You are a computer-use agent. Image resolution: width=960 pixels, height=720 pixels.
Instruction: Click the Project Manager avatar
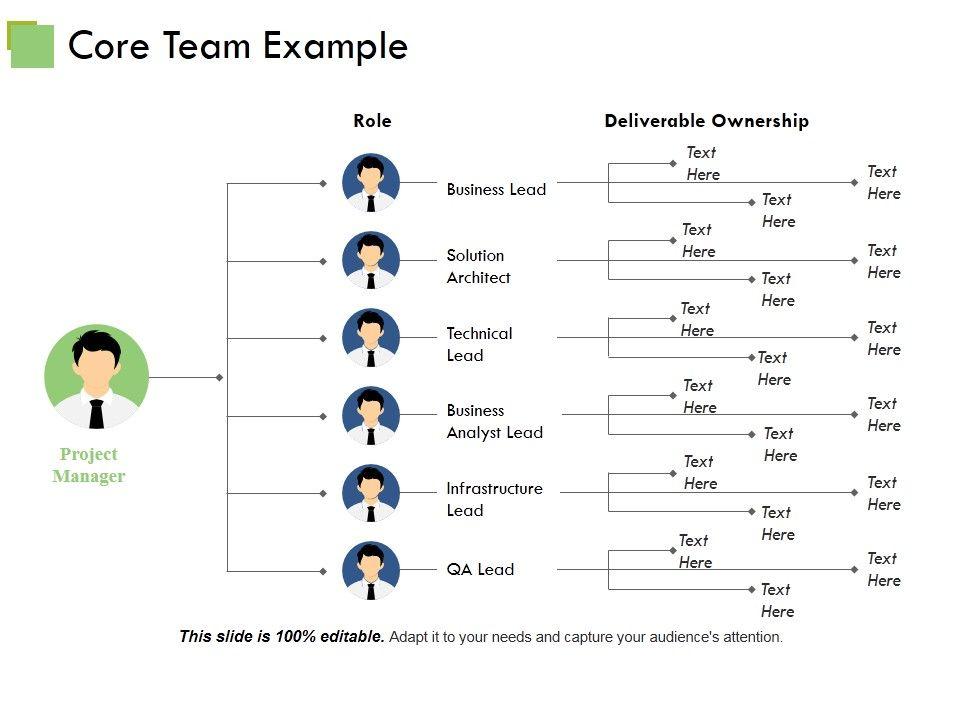(97, 377)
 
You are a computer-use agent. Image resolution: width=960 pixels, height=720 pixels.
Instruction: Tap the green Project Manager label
(88, 465)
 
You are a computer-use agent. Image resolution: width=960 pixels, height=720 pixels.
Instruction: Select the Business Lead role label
(496, 189)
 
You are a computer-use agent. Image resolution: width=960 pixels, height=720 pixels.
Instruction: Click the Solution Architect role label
(478, 266)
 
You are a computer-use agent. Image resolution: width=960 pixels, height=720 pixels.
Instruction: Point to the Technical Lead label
(479, 344)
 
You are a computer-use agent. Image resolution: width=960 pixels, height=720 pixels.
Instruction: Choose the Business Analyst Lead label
(494, 421)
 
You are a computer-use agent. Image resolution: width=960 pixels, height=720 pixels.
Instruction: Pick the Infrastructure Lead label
(494, 499)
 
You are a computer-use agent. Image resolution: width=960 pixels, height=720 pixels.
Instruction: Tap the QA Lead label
(480, 569)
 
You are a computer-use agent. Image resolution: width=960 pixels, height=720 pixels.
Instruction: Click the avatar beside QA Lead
(371, 570)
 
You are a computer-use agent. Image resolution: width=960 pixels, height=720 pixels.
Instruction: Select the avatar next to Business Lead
(371, 183)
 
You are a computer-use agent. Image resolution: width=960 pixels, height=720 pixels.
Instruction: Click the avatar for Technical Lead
(371, 338)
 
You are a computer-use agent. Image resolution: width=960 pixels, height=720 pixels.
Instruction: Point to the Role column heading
(372, 121)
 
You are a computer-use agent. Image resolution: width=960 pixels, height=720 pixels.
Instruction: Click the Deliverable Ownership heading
(706, 121)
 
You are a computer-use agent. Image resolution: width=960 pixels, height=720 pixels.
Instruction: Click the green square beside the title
(31, 45)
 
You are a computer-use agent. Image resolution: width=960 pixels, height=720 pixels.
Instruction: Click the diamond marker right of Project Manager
(219, 377)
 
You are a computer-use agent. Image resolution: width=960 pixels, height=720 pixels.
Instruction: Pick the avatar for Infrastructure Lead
(371, 493)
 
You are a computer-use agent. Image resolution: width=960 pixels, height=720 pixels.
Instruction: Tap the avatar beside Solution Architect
(371, 261)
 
